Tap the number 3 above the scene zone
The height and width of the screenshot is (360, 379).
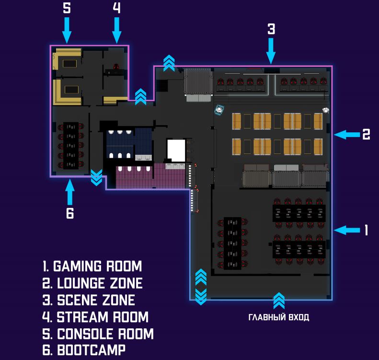[x=271, y=29]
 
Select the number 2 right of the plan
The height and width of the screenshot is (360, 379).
[x=366, y=135]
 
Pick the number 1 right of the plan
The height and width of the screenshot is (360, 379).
[x=367, y=231]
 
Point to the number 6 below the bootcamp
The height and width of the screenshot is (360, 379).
[x=70, y=214]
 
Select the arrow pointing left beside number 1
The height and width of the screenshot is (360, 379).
[x=346, y=231]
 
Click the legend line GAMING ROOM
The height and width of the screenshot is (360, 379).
[x=92, y=267]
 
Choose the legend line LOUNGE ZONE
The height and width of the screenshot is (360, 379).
[x=92, y=283]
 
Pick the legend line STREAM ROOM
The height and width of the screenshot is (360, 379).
[x=95, y=317]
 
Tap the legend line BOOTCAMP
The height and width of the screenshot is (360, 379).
[x=84, y=350]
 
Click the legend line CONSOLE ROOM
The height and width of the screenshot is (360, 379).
[x=98, y=334]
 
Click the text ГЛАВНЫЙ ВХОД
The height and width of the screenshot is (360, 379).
[x=278, y=317]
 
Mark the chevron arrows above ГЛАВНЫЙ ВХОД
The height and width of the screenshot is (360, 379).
[x=278, y=302]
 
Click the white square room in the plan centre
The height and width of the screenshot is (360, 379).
[x=176, y=151]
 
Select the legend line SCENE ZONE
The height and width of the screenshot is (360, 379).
[x=89, y=300]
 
